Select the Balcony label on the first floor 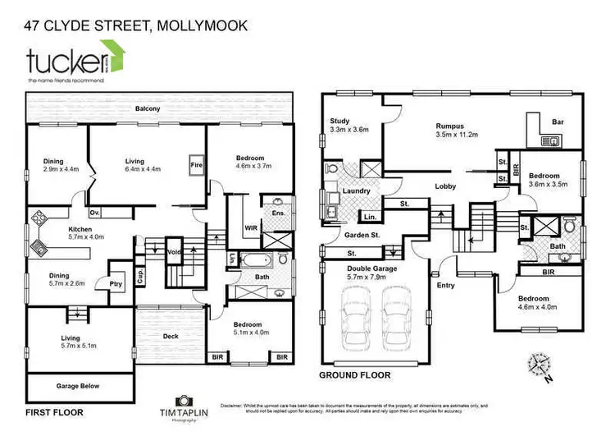[x=148, y=108]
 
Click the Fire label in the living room [x=195, y=163]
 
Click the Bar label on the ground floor [x=558, y=122]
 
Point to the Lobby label [x=445, y=186]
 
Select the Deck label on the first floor [x=170, y=335]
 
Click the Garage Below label [x=78, y=384]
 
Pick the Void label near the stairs [x=173, y=252]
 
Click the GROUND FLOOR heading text [x=354, y=375]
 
